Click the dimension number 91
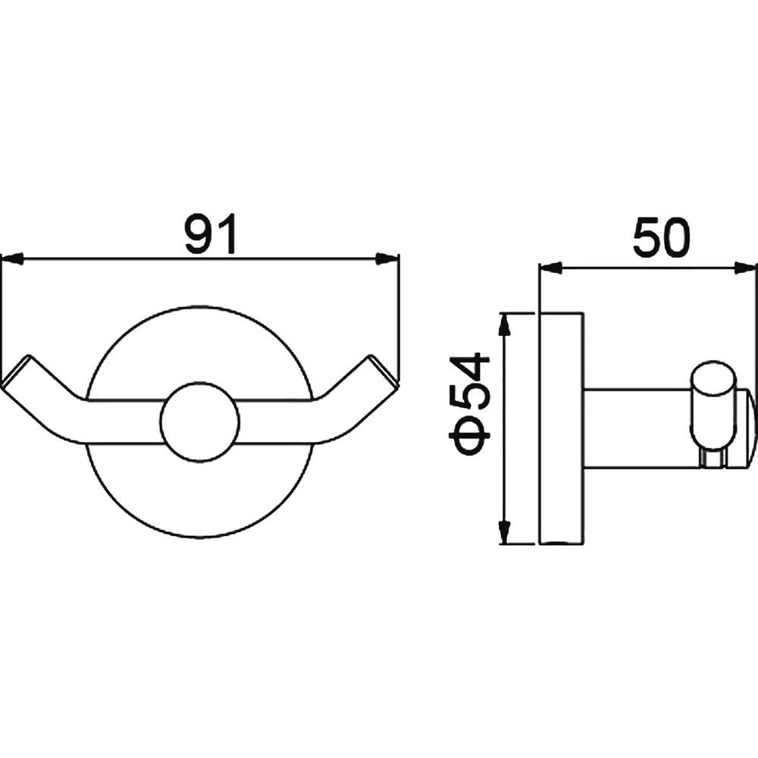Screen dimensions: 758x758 (211, 233)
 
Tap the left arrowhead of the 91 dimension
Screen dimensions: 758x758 (13, 259)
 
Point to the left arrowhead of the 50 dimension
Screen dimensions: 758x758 (550, 268)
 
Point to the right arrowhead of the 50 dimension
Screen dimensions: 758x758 (746, 268)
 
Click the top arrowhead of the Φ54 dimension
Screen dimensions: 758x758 (505, 324)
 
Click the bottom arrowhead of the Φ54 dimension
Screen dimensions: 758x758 (505, 533)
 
